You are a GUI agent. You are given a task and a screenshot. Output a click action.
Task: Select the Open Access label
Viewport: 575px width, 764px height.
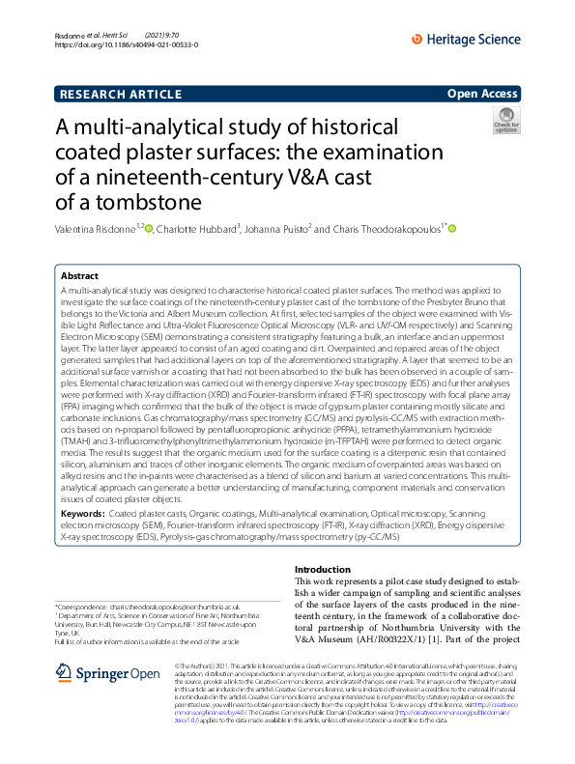(x=482, y=94)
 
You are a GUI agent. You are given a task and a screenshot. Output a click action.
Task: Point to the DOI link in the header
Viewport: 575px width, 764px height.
(x=121, y=45)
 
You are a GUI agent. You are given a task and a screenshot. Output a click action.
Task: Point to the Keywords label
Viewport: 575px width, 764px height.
(x=83, y=514)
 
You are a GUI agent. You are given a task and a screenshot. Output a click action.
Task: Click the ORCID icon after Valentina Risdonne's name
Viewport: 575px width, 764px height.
(x=149, y=229)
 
